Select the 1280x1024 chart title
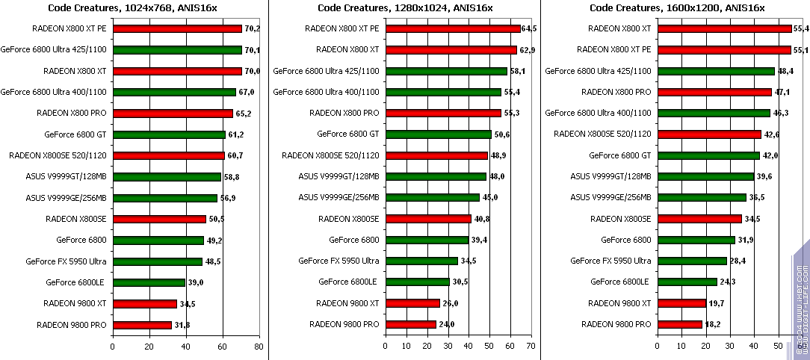coord(404,7)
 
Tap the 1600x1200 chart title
coord(676,7)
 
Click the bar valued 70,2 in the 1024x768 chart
coord(177,29)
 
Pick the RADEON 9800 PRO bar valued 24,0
coord(410,325)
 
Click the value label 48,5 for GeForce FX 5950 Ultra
coord(214,262)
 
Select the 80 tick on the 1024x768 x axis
coord(259,347)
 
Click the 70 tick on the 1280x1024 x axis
coord(531,347)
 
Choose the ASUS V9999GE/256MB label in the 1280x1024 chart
coord(338,198)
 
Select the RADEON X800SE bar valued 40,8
coord(427,220)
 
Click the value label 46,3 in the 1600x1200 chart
coord(780,114)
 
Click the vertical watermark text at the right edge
coord(801,299)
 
